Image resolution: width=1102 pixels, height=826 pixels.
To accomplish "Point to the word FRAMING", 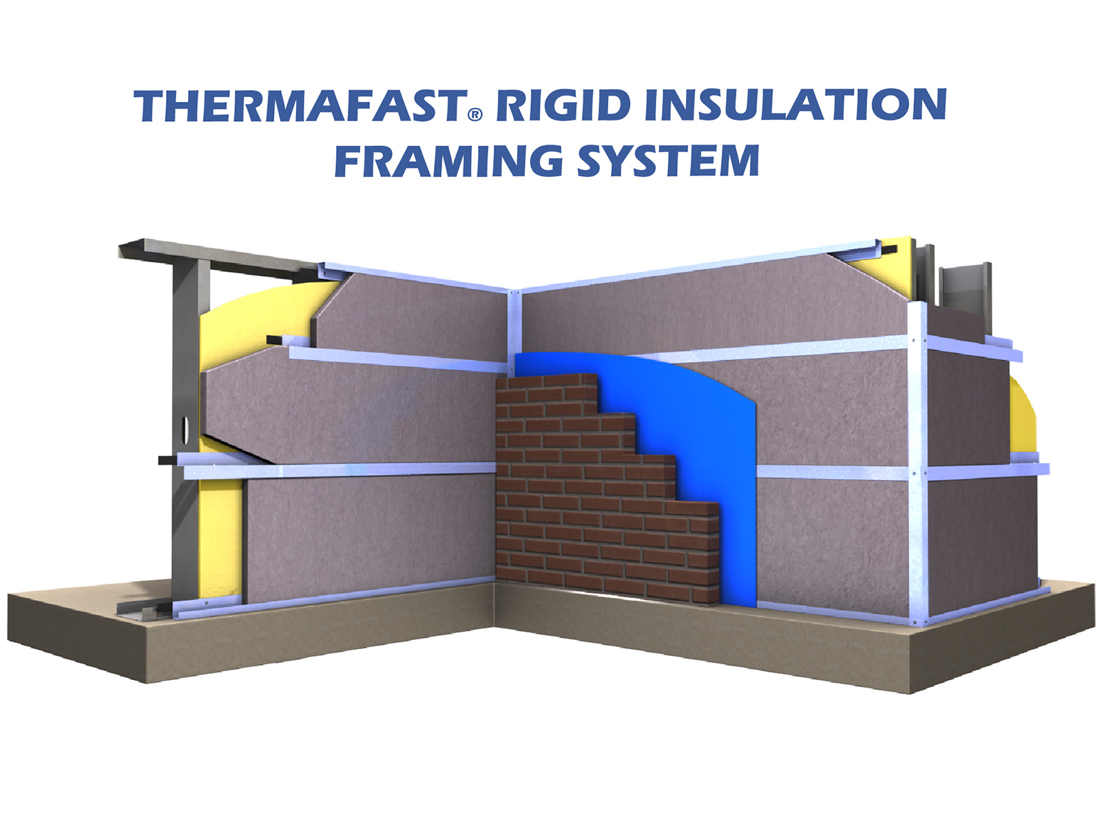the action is tap(448, 160).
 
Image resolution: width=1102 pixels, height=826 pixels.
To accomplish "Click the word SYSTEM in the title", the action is tap(667, 160).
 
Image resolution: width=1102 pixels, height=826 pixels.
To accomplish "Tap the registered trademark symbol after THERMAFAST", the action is tap(475, 115).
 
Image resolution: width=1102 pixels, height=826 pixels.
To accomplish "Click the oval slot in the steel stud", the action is tap(186, 427).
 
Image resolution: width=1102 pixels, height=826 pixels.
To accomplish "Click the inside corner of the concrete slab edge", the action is tap(495, 626).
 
